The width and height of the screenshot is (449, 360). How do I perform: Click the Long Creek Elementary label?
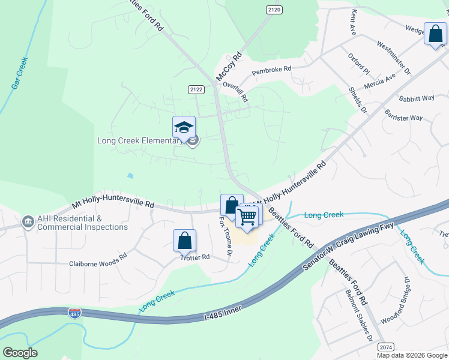click(140, 141)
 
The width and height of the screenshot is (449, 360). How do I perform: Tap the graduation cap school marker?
click(184, 127)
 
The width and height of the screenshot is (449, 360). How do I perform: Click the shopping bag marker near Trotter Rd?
click(185, 241)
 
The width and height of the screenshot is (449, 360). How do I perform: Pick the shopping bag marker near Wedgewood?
click(435, 34)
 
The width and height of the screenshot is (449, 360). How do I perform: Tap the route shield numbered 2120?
click(274, 10)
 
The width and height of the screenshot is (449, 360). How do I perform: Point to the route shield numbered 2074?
click(386, 347)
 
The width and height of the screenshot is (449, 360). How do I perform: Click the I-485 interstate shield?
click(75, 313)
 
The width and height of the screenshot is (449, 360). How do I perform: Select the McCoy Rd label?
click(229, 66)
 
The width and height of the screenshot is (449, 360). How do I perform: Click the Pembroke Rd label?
click(271, 70)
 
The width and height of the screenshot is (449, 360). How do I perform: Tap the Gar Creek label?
click(20, 73)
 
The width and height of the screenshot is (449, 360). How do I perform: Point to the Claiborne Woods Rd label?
click(98, 263)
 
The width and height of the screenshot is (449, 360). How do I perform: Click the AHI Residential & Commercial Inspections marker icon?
click(28, 223)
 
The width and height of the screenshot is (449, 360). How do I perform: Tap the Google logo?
click(20, 353)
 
